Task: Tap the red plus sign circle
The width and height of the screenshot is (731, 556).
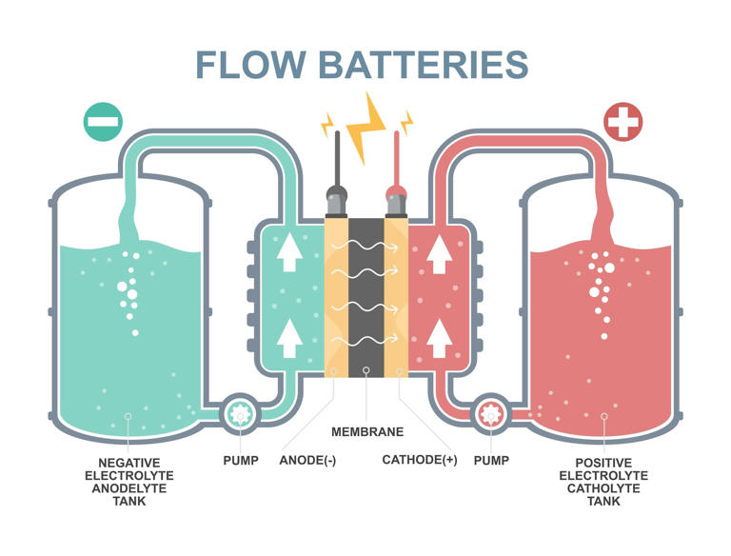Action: point(623,122)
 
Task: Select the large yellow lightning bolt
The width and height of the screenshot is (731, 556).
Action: point(366,125)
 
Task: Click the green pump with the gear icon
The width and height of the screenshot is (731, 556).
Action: point(237,414)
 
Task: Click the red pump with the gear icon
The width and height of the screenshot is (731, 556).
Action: point(491,414)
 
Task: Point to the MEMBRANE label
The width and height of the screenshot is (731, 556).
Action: point(366,431)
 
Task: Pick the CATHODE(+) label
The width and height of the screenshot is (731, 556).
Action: point(420,460)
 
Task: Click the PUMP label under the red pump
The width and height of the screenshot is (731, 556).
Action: point(491,460)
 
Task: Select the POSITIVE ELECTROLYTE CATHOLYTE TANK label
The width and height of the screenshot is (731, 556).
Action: point(603,481)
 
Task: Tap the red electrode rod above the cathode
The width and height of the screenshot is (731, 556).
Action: point(396,162)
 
